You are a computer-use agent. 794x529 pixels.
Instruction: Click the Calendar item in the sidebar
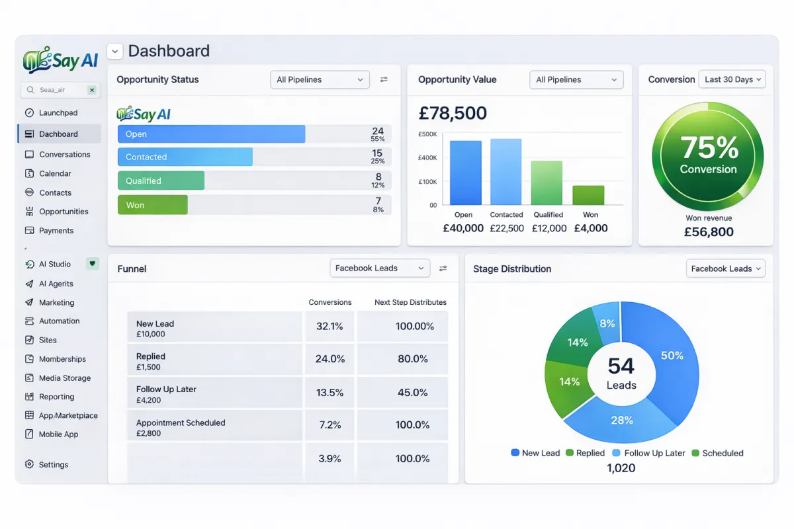coord(55,173)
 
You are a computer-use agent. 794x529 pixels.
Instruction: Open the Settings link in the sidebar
coord(53,465)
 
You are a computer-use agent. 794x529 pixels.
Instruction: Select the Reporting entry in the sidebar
coord(56,397)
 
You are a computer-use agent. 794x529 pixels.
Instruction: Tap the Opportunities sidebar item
coord(64,212)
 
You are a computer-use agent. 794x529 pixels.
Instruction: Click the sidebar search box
coord(56,90)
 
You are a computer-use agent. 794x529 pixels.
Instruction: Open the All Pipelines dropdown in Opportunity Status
coord(320,79)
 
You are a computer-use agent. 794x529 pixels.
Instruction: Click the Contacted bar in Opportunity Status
coord(185,157)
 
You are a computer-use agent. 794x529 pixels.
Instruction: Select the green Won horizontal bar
coord(152,205)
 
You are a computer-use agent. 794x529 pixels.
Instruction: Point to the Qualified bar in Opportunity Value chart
coord(547,183)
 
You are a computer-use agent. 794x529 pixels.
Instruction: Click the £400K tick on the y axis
coord(427,158)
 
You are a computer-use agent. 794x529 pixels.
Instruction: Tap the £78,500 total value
coord(453,114)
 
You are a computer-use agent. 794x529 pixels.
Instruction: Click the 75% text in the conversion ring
coord(708,147)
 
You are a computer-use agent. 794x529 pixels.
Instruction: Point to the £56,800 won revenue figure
coord(708,232)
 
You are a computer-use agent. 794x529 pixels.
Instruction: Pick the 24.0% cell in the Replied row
coord(330,359)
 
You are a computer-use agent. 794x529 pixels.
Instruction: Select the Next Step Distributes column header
coord(410,302)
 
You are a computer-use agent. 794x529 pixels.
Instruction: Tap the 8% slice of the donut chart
coord(606,323)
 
